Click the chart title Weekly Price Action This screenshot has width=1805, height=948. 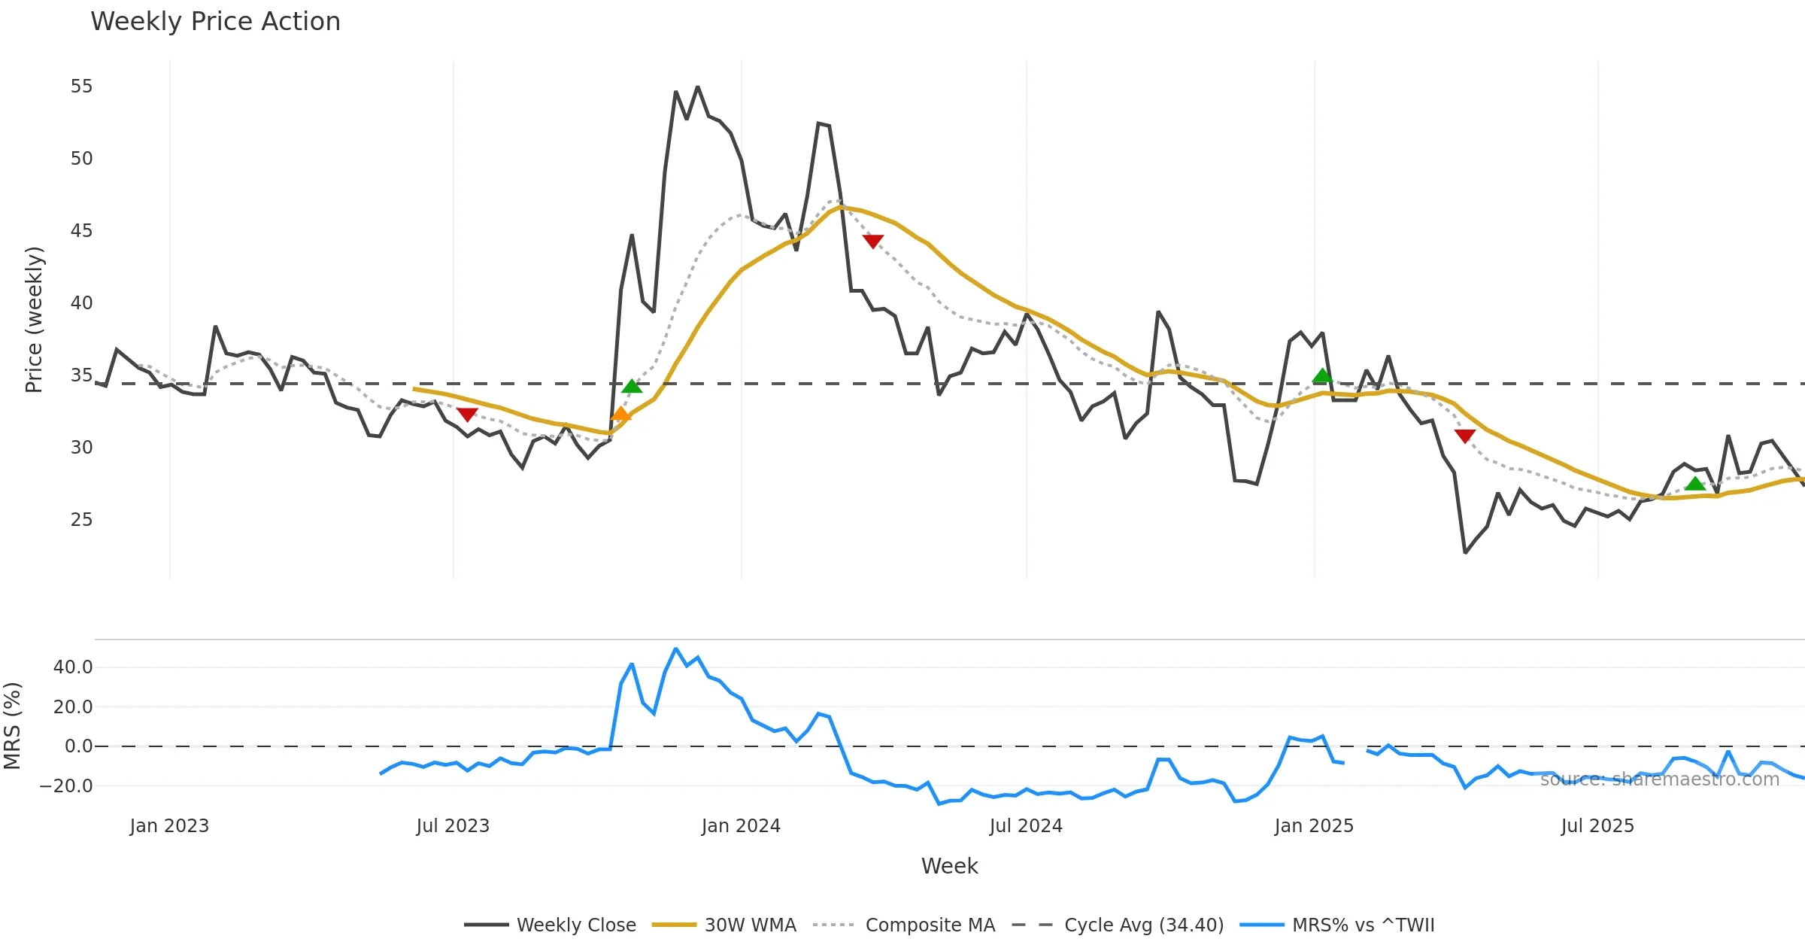[x=215, y=22]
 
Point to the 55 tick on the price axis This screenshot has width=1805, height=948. [x=81, y=87]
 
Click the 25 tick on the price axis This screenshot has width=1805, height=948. [x=81, y=520]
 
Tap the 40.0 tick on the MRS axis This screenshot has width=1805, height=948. [x=73, y=667]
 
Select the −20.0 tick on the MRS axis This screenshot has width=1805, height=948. [x=66, y=786]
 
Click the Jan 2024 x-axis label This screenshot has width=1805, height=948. [x=741, y=826]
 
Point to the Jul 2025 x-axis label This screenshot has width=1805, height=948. [x=1597, y=826]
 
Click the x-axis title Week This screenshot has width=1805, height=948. [x=949, y=867]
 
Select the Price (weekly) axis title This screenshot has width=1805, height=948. [x=34, y=320]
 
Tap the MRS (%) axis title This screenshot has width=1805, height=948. [x=12, y=726]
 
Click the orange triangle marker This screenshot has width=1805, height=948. [x=621, y=414]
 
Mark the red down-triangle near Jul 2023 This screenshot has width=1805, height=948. [x=467, y=415]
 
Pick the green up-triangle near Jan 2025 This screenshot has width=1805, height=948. [x=1322, y=375]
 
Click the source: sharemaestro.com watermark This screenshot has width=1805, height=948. [x=1659, y=779]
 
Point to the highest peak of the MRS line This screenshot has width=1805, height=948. [x=675, y=649]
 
